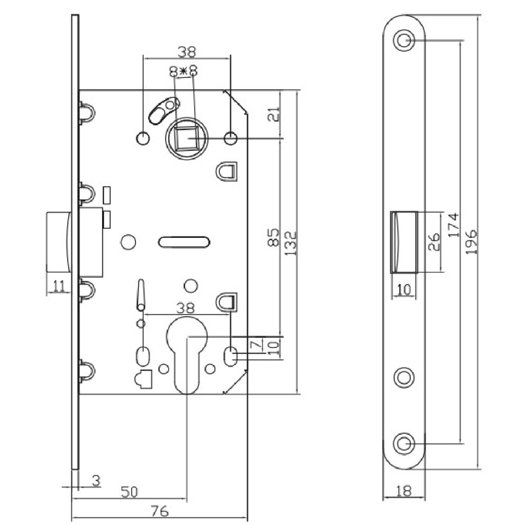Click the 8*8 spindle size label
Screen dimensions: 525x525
pos(184,71)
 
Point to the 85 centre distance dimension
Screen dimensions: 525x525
pos(273,237)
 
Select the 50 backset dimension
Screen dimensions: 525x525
pos(129,492)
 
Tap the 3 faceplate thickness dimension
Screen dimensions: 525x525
pos(95,480)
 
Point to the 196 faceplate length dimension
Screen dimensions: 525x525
pos(472,241)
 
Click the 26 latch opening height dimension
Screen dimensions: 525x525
pos(434,240)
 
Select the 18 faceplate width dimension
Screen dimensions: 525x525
pos(404,492)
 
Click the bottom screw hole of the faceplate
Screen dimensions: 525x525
pos(405,442)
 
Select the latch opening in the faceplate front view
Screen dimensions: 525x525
pos(405,241)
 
